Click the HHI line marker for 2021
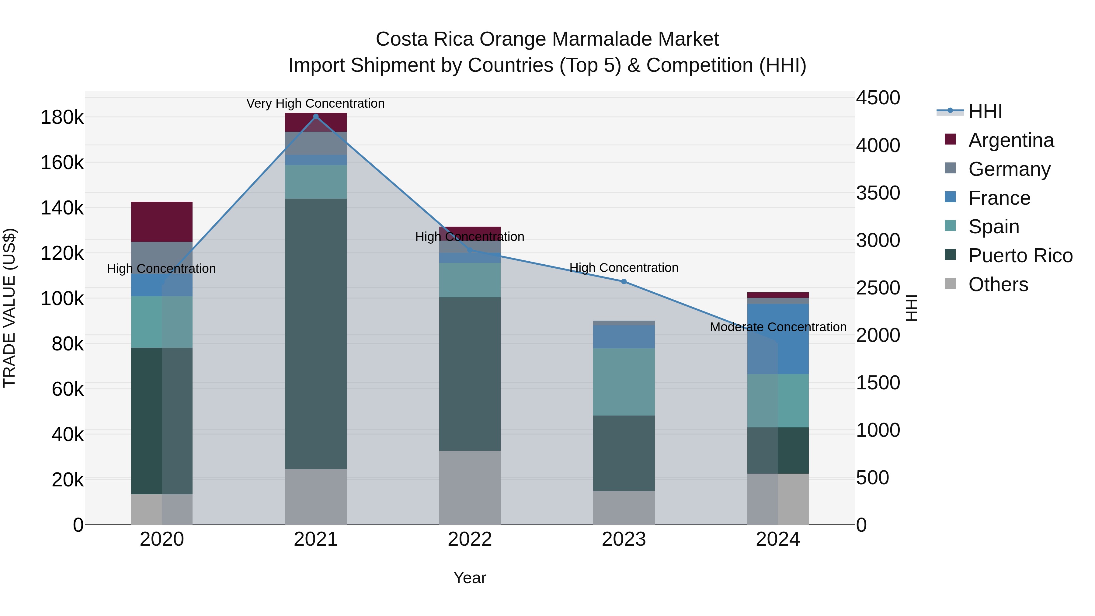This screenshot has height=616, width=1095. (x=315, y=117)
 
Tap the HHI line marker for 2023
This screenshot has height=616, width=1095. (x=624, y=281)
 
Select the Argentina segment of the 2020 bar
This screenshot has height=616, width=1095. (x=162, y=221)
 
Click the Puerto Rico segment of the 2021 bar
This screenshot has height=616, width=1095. (x=315, y=334)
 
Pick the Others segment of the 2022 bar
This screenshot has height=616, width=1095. (x=470, y=488)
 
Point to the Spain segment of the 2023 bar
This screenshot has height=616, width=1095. (x=624, y=382)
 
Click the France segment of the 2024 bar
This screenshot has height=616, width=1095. (x=778, y=339)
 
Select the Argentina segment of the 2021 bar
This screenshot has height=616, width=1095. (x=315, y=122)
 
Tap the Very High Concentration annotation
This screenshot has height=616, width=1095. (x=315, y=104)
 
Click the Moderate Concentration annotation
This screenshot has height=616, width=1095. (x=778, y=327)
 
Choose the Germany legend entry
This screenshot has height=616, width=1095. (x=1009, y=169)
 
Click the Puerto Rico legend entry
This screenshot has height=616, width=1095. (x=1020, y=256)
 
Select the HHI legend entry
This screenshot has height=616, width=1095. (x=985, y=111)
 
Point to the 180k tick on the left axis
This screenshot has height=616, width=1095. (x=62, y=117)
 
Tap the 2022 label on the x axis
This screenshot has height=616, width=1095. (x=470, y=539)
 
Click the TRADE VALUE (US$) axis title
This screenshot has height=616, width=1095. (x=9, y=308)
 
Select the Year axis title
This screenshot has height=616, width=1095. (x=470, y=578)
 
